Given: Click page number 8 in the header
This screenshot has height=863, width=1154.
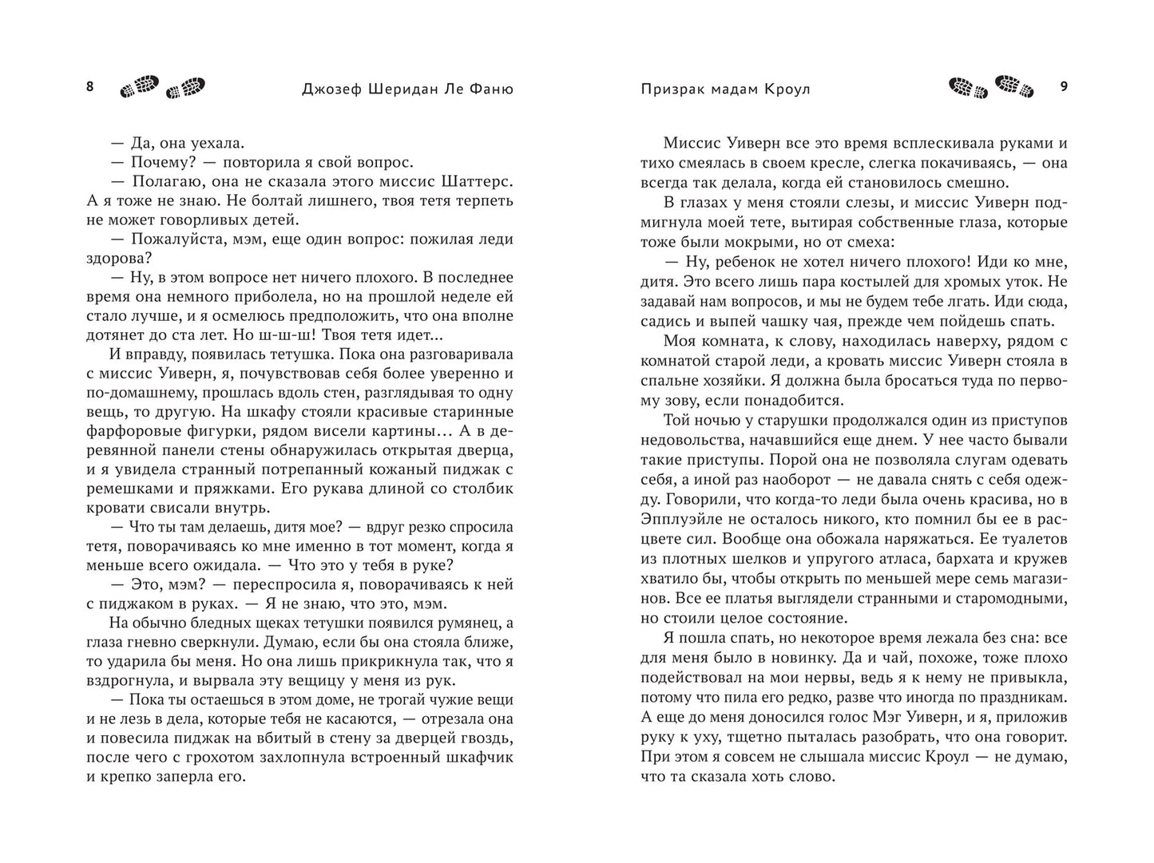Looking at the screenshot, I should (x=89, y=87).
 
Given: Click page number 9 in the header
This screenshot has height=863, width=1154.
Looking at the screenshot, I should (x=1063, y=87).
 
